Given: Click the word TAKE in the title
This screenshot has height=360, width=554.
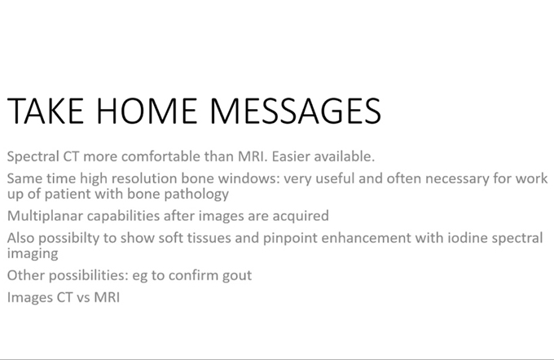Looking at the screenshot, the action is pos(46,111).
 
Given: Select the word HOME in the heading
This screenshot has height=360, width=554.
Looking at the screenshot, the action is pos(147,111).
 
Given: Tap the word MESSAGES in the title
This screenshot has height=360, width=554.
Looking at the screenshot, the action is pos(296,111).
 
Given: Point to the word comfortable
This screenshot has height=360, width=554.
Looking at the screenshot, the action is pos(160,156).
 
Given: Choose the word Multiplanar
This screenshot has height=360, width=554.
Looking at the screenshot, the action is pos(46,216).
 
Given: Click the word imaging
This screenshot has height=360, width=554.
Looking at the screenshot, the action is pos(33,254).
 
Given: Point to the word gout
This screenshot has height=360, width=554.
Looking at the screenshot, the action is pos(237,276).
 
